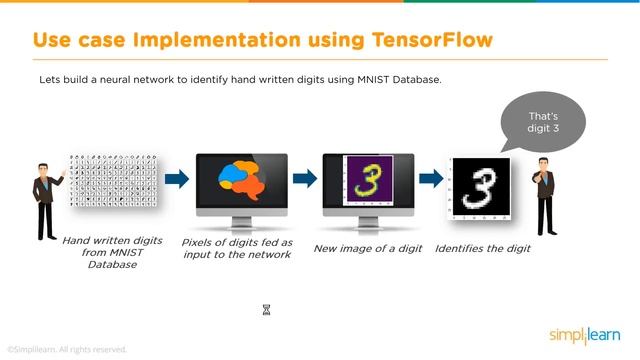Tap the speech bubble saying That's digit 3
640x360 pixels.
542,125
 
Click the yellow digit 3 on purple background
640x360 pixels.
366,181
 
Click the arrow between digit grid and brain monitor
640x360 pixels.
175,179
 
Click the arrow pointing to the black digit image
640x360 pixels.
431,179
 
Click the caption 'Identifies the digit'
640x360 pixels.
483,247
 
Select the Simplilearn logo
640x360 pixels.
585,334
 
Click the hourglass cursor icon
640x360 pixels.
267,311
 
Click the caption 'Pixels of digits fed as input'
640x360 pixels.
236,248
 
